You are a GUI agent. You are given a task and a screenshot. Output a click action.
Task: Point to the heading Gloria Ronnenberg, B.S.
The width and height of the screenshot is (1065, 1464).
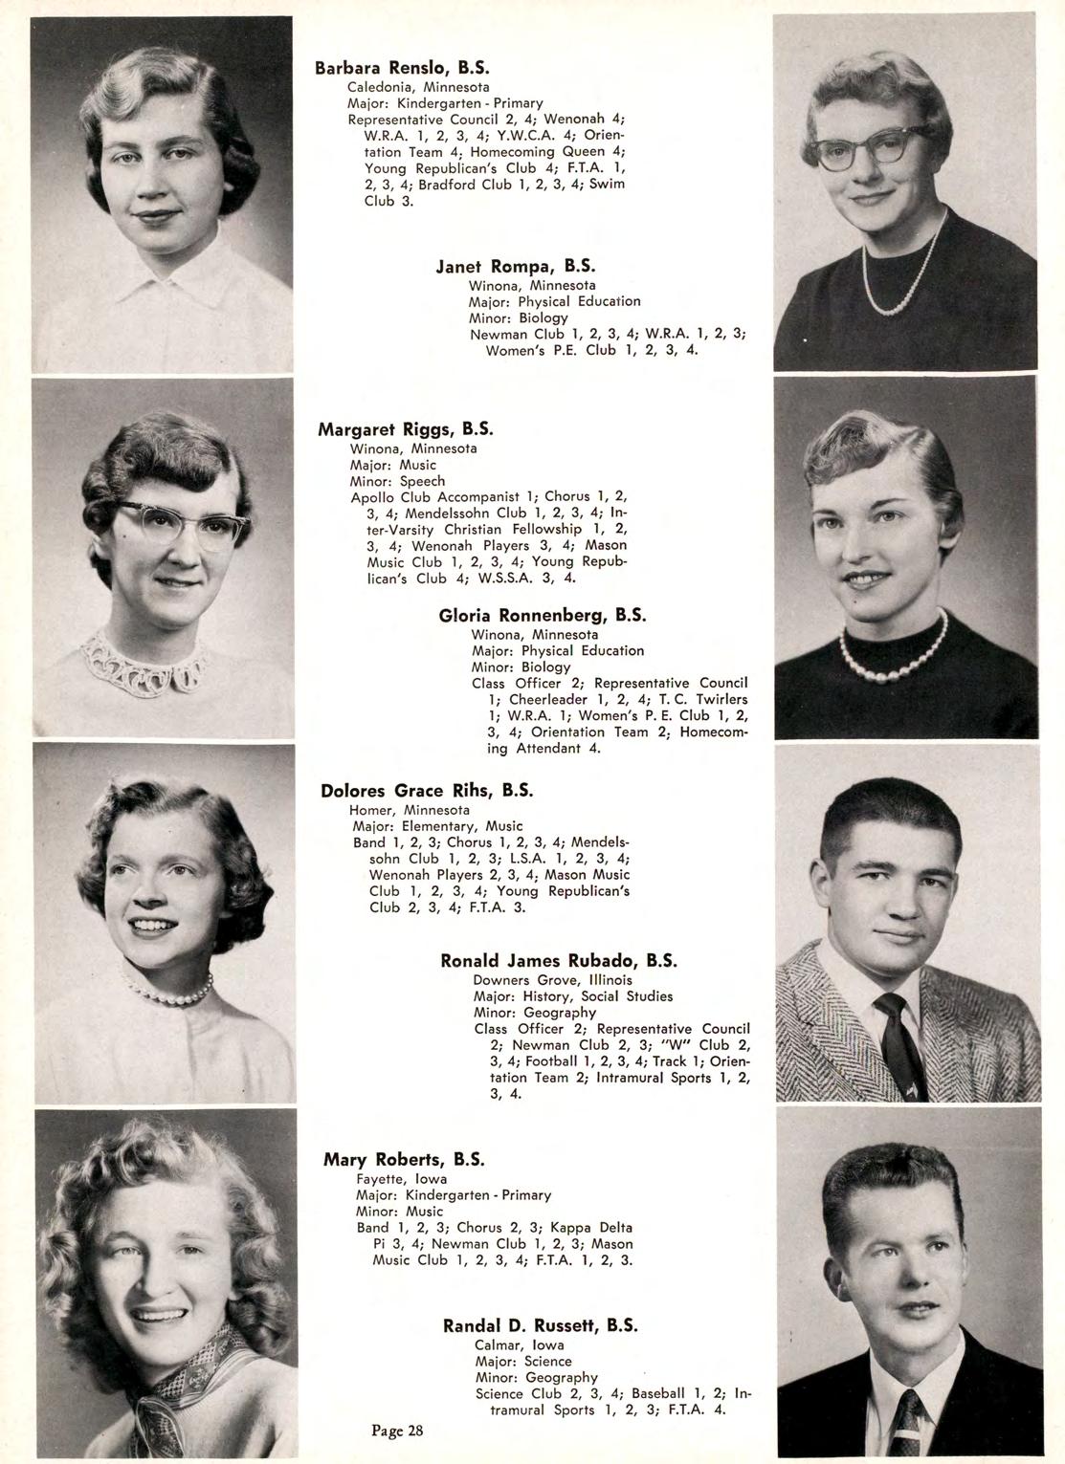543,615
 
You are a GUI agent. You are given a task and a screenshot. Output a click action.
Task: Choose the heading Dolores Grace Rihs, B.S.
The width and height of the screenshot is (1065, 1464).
427,791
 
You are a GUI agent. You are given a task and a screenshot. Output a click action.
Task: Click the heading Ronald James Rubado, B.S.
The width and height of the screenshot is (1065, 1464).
559,960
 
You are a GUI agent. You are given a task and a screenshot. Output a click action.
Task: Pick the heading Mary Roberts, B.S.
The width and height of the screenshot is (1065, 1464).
405,1160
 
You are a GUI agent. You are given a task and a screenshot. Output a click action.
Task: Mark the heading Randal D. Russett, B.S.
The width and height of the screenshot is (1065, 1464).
541,1325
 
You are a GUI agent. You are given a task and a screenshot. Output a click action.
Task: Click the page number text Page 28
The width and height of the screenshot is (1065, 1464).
397,1431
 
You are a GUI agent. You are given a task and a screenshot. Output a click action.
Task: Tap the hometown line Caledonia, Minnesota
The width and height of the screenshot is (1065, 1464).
418,86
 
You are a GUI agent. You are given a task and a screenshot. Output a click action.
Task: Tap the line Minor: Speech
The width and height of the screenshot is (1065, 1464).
397,481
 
